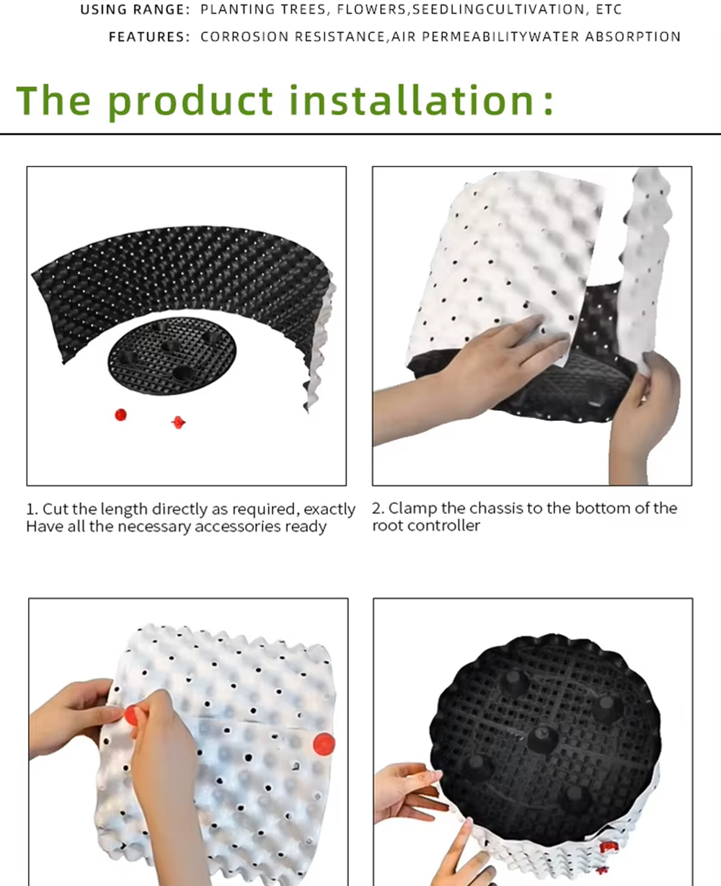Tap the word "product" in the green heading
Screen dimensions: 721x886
point(190,102)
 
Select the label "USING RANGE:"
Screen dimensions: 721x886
point(135,10)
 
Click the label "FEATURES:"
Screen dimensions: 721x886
point(149,37)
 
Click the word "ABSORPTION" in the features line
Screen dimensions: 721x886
point(632,37)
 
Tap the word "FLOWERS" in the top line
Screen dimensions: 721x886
point(371,9)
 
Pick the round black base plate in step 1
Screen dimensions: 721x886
point(172,355)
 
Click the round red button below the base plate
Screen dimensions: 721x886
point(120,415)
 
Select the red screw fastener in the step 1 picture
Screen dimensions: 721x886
point(179,422)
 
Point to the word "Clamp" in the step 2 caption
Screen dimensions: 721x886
point(410,509)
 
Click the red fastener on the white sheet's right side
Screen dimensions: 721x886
point(324,744)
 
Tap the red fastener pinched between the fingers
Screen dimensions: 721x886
point(131,714)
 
